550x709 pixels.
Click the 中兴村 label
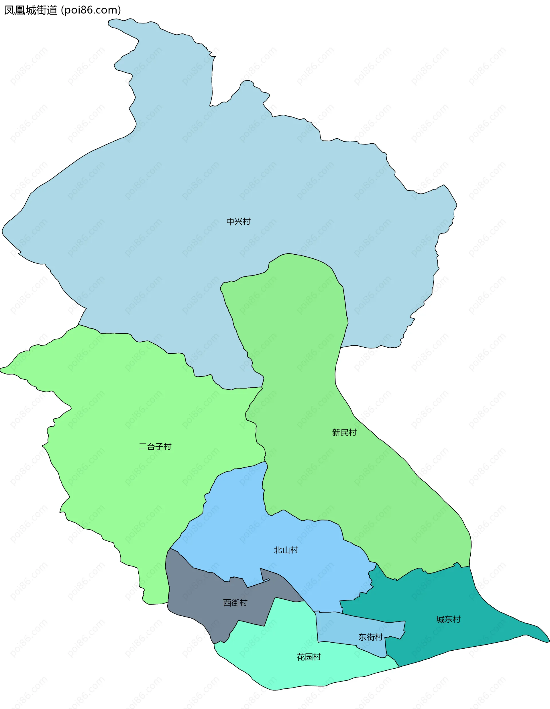(238, 222)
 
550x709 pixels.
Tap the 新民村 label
(344, 432)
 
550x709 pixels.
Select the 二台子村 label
(155, 447)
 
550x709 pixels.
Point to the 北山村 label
(286, 550)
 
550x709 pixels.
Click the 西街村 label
(235, 603)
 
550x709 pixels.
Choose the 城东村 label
(448, 619)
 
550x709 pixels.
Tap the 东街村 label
(371, 637)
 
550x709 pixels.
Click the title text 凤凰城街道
(31, 10)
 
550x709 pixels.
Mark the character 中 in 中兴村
(231, 222)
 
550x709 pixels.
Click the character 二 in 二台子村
(143, 447)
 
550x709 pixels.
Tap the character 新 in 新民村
(336, 432)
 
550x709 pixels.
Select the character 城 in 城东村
(440, 619)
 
